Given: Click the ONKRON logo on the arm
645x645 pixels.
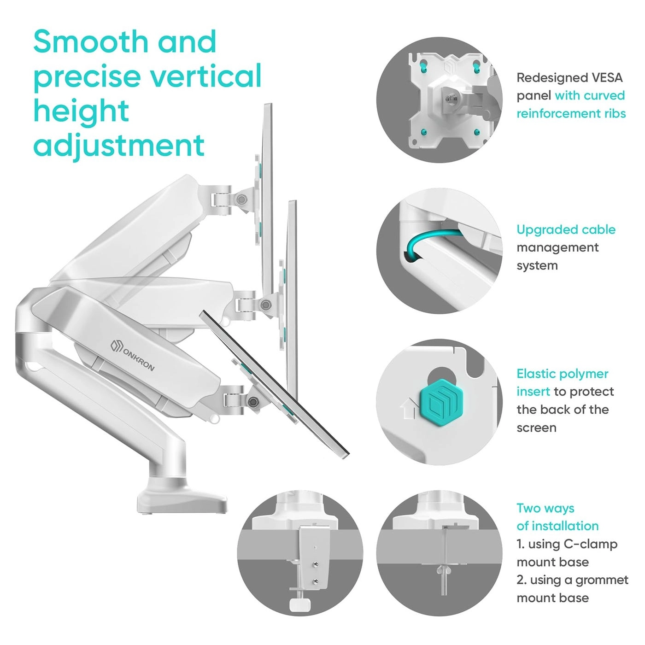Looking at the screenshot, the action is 133,356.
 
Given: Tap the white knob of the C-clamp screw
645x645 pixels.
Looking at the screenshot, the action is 299,605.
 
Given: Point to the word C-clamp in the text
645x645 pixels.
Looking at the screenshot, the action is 591,544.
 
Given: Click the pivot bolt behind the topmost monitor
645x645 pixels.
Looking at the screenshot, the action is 241,199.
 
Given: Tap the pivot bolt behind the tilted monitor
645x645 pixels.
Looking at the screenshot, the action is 253,401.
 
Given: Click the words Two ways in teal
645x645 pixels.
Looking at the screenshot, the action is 545,509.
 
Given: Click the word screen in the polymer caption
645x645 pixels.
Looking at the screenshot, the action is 536,428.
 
